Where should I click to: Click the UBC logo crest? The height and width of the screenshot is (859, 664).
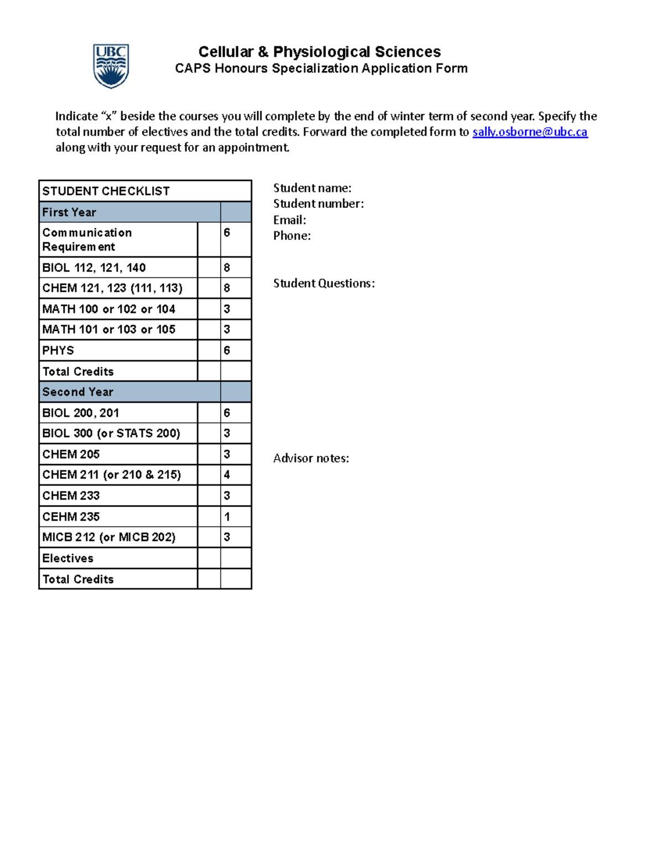point(111,66)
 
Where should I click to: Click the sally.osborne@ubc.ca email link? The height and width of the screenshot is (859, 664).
point(530,132)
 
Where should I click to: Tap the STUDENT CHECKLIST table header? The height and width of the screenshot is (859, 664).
point(106,191)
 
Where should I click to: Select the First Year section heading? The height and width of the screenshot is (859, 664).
point(69,212)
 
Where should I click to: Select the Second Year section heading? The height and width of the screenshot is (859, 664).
point(77,392)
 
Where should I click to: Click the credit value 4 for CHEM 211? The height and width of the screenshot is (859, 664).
point(227,475)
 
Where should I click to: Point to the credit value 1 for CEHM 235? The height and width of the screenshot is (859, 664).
point(227,517)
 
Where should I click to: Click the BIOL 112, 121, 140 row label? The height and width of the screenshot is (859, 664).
point(94,268)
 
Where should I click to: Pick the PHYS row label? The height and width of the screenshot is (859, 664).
point(58,350)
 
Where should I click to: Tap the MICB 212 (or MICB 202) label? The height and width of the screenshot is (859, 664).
point(108,537)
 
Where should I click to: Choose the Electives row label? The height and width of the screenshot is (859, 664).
point(68,558)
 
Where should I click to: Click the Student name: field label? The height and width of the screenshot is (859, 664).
point(312,188)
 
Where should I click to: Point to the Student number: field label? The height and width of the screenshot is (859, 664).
point(318,204)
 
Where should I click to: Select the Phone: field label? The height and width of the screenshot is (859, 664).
point(292,236)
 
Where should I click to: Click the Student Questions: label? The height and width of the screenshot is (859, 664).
point(324,283)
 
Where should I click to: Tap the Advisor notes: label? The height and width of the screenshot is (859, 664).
point(311,458)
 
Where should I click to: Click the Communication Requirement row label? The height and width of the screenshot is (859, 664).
point(87,240)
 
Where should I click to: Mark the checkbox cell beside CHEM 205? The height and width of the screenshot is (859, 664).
point(209,454)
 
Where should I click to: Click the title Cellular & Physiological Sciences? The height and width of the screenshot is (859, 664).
point(319,51)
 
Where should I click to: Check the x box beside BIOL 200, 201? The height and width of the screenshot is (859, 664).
point(209,413)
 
